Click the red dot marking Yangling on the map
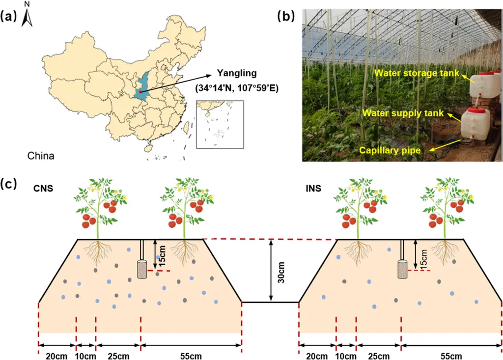pyautogui.click(x=140, y=91)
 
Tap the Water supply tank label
pyautogui.click(x=403, y=113)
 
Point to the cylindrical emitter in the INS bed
pyautogui.click(x=403, y=270)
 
